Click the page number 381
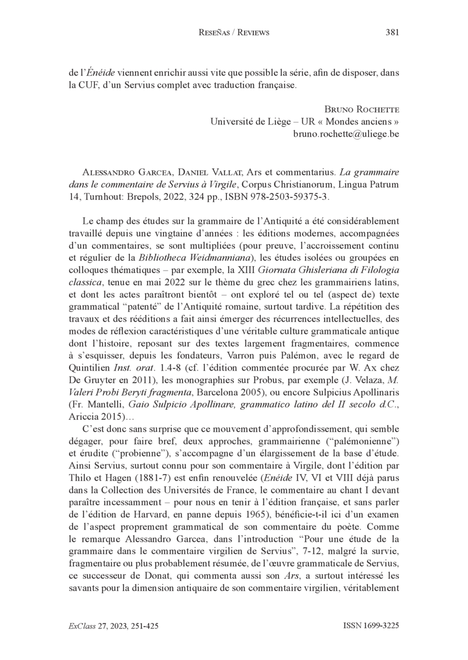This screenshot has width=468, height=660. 393,33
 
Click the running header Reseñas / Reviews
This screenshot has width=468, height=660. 234,33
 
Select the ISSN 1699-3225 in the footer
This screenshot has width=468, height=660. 371,625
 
